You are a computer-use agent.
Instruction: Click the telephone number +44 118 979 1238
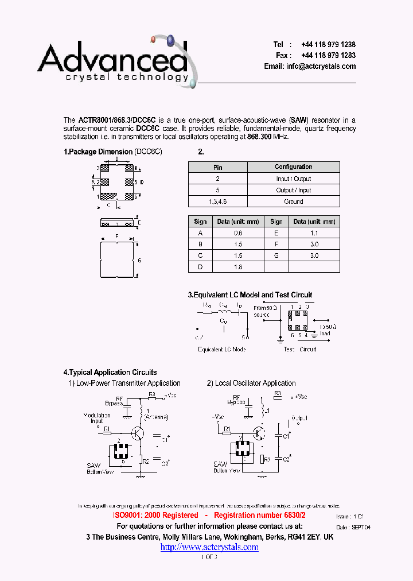point(328,45)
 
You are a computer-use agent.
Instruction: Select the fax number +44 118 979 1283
point(328,56)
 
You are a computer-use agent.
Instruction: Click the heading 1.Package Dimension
point(98,152)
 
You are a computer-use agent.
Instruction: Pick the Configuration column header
point(293,167)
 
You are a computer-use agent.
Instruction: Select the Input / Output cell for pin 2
point(293,179)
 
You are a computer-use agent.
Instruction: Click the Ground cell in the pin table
point(293,202)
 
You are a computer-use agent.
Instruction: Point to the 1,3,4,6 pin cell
point(217,202)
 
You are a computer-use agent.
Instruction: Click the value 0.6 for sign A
point(238,233)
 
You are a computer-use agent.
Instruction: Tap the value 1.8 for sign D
point(238,267)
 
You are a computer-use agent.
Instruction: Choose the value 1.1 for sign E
point(314,233)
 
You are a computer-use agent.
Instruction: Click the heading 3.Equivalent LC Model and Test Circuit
point(250,295)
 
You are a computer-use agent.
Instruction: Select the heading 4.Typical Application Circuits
point(110,373)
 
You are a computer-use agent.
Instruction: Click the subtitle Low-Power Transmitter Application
point(128,384)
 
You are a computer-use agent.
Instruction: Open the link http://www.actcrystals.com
point(209,547)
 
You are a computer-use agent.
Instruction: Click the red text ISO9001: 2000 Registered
point(155,516)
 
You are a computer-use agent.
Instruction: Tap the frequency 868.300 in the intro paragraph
point(260,137)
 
